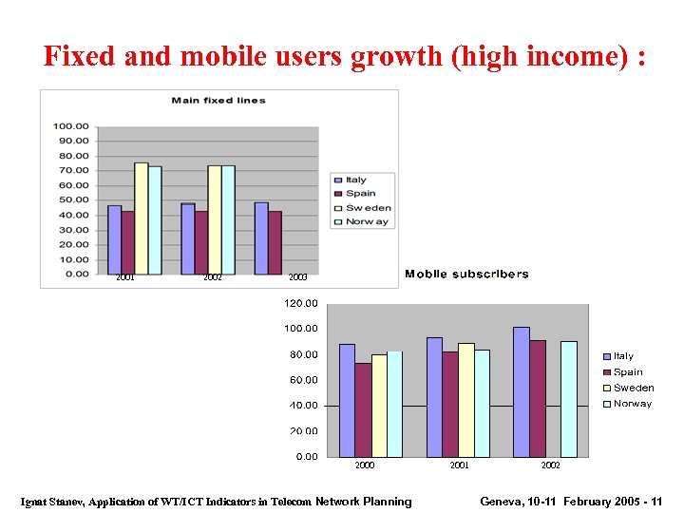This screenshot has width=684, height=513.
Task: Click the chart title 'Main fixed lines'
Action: [x=218, y=100]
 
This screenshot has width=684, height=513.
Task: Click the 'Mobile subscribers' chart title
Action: [x=466, y=275]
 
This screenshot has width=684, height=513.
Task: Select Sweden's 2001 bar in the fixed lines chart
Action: [x=141, y=218]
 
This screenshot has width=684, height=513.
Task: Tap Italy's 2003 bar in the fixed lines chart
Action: [x=261, y=237]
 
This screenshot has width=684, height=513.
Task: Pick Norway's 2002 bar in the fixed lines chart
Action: [x=228, y=219]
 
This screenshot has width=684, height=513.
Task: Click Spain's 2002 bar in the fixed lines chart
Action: [x=200, y=242]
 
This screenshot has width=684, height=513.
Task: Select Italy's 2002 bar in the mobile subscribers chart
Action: [x=521, y=391]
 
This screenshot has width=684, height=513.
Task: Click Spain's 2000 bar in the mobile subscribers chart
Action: [x=363, y=409]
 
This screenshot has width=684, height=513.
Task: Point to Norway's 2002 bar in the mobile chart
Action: [x=568, y=399]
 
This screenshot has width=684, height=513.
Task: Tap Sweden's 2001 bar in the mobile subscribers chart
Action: [x=465, y=400]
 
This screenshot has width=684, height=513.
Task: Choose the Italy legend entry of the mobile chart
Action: [x=622, y=356]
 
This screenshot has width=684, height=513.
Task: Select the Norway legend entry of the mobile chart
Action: [x=632, y=404]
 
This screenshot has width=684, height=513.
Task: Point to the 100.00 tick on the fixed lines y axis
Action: [x=71, y=126]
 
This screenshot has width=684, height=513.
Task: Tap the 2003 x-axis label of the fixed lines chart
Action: [x=297, y=277]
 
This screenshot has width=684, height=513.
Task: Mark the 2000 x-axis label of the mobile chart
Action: [x=365, y=465]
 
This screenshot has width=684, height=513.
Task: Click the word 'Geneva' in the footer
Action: [x=503, y=502]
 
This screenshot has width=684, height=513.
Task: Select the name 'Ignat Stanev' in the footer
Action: [x=52, y=502]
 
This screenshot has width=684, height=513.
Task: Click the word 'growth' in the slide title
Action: [x=398, y=57]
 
